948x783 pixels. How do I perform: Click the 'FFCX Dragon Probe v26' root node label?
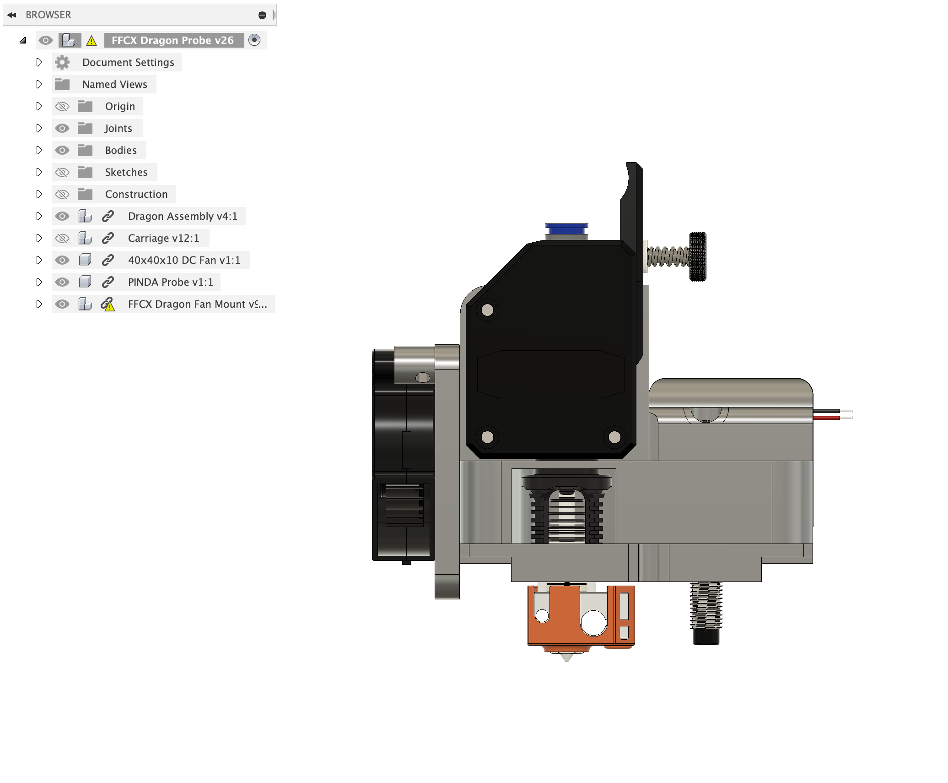coord(172,40)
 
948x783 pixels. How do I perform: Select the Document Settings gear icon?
coord(62,62)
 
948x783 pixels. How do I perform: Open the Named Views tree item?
coord(114,84)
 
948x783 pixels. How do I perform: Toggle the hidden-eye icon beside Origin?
coord(62,106)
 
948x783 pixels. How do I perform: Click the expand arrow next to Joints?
coord(39,128)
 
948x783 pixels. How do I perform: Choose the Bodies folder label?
coord(121,150)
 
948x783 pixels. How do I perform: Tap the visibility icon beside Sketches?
coord(62,172)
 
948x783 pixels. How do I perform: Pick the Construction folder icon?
coord(85,194)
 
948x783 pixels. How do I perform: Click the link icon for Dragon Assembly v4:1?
coord(108,216)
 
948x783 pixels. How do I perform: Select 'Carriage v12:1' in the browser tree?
coord(163,238)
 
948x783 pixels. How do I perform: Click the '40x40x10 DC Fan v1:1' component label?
coord(184,260)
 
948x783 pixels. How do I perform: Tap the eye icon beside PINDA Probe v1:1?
coord(62,282)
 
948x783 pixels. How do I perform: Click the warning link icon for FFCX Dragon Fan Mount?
coord(108,304)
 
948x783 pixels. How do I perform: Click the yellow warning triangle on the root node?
coord(92,41)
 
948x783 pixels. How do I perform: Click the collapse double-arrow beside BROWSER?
coord(12,15)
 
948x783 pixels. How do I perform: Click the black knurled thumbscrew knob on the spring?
coord(698,256)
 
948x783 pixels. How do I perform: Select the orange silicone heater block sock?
coord(563,616)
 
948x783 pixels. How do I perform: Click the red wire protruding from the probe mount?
coord(826,418)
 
